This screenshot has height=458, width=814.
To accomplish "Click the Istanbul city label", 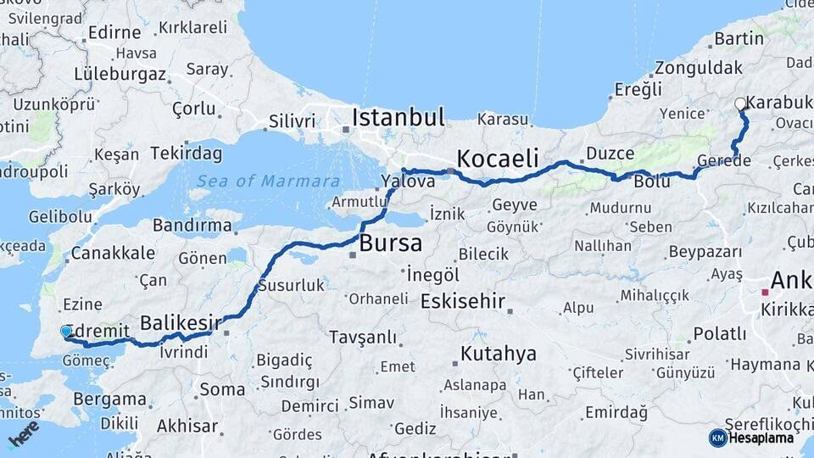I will pyautogui.click(x=398, y=117).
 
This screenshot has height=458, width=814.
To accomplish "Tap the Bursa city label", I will pyautogui.click(x=390, y=243).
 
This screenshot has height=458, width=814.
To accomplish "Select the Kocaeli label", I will pyautogui.click(x=498, y=158).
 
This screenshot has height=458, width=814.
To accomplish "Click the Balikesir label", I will pyautogui.click(x=180, y=322).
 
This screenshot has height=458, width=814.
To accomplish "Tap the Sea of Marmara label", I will pyautogui.click(x=267, y=181).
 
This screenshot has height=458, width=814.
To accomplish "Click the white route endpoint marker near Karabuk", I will pyautogui.click(x=740, y=104).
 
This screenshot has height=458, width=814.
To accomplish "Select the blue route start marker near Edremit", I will pyautogui.click(x=67, y=332).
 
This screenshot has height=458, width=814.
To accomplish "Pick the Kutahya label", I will pyautogui.click(x=499, y=354).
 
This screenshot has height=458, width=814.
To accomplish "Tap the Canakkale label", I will pyautogui.click(x=113, y=253).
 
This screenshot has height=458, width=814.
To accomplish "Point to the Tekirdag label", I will pyautogui.click(x=186, y=154).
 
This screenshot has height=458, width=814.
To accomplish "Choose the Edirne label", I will pyautogui.click(x=114, y=33).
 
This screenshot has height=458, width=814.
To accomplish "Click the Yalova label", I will pyautogui.click(x=402, y=181).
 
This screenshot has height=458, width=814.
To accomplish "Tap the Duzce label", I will pyautogui.click(x=609, y=154).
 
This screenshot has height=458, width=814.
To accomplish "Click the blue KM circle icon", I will pyautogui.click(x=717, y=438).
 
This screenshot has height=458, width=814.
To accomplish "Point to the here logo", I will pyautogui.click(x=24, y=433).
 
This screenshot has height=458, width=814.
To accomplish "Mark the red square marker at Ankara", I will pyautogui.click(x=764, y=292).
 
